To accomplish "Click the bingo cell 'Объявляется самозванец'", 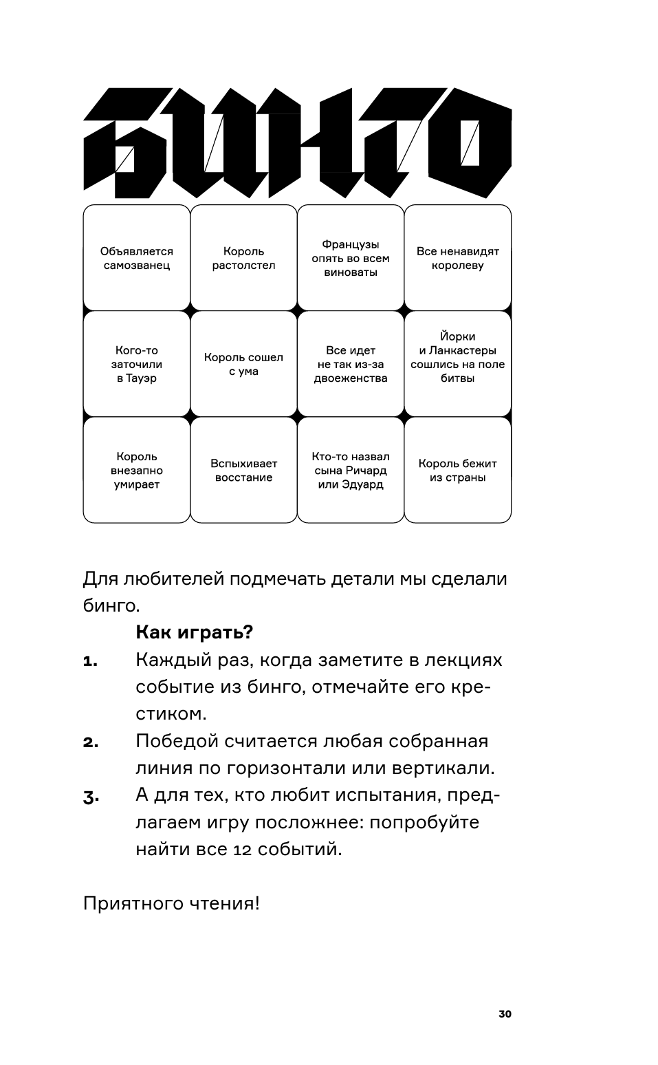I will click(x=136, y=258).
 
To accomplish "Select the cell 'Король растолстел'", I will click(x=243, y=258).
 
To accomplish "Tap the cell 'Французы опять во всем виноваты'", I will click(x=351, y=258).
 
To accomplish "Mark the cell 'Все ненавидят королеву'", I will click(x=458, y=258).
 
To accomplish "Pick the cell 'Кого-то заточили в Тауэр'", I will click(x=136, y=364).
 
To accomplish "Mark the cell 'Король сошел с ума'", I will click(x=243, y=364).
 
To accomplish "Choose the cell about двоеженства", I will click(x=351, y=364).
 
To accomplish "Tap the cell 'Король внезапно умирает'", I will click(x=136, y=470).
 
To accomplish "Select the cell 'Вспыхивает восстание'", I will click(x=243, y=470).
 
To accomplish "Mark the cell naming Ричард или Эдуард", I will click(x=351, y=470).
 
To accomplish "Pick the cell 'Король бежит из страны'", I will click(x=458, y=470).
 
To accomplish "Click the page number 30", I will click(x=505, y=1013).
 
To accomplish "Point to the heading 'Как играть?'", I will click(x=194, y=632).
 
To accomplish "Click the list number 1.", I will click(x=90, y=662).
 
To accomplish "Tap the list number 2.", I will click(x=91, y=743).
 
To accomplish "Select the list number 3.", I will click(x=91, y=797).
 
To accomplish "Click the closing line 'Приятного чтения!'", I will click(x=171, y=903).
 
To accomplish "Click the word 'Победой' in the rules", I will click(x=177, y=741).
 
